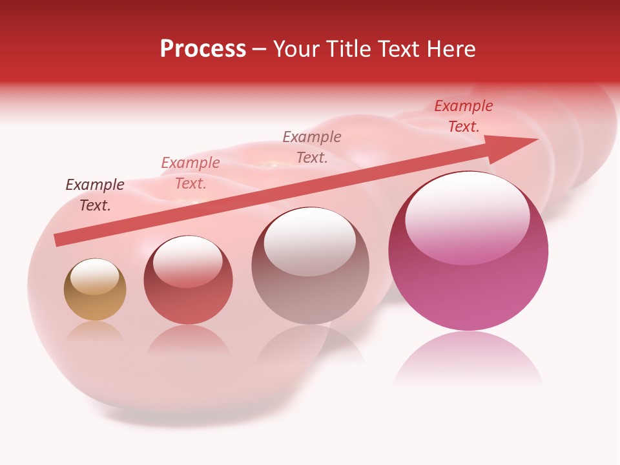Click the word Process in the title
(203, 49)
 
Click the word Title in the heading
(350, 49)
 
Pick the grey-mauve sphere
(310, 284)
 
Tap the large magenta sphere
(468, 284)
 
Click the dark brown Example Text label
(95, 194)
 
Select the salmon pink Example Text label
(191, 173)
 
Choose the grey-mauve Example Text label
(312, 147)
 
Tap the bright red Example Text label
(463, 116)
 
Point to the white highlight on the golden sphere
(95, 276)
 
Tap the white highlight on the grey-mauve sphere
(310, 240)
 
